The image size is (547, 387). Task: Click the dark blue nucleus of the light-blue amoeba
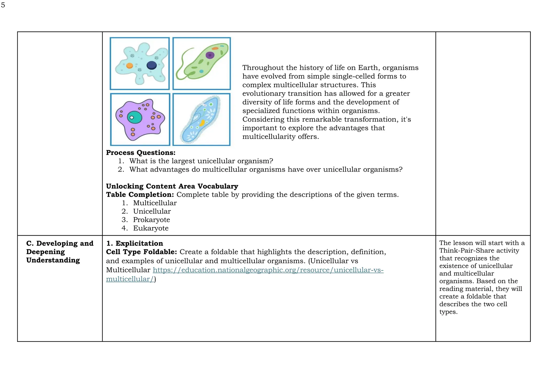[151, 65]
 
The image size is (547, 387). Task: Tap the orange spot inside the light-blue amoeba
[130, 65]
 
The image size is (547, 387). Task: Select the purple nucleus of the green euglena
[210, 55]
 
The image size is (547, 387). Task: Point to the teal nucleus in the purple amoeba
[135, 117]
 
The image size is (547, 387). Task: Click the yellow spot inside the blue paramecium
[202, 123]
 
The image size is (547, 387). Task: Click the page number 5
[3, 5]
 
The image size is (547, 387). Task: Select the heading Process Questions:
[140, 153]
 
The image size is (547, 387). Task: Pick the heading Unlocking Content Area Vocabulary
[172, 186]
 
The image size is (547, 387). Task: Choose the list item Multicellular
[155, 203]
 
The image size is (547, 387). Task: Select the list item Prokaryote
[151, 220]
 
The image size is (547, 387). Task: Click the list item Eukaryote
[151, 228]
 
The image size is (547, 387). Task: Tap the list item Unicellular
[152, 211]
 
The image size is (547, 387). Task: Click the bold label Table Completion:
[140, 195]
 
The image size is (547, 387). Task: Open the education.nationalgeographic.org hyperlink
[268, 270]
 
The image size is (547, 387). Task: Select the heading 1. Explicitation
[135, 243]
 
